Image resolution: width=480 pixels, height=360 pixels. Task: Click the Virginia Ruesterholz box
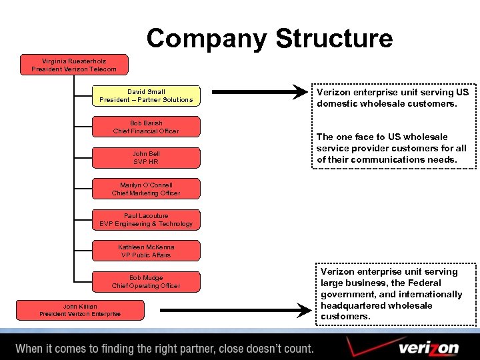click(x=74, y=65)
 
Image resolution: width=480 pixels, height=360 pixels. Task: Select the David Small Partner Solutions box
click(x=146, y=95)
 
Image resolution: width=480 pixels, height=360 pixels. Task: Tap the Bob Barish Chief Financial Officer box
click(x=146, y=127)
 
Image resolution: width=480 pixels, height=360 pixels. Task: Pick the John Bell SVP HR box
click(x=146, y=157)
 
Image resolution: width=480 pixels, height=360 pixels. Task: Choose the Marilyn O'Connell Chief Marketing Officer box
click(x=146, y=189)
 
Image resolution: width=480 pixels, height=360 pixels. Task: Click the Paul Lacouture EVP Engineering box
click(x=146, y=220)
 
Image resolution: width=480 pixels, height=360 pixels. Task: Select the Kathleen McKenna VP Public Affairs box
click(x=146, y=251)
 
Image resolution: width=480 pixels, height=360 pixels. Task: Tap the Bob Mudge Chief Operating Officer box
click(x=146, y=281)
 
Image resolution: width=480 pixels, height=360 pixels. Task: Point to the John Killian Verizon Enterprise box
click(x=80, y=310)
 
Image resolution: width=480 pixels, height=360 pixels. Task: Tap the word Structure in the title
click(x=334, y=38)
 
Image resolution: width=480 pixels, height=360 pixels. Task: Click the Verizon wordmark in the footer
click(x=429, y=348)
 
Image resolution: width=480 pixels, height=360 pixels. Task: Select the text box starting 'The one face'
click(x=391, y=148)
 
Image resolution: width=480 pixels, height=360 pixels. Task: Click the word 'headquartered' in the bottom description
click(x=352, y=305)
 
